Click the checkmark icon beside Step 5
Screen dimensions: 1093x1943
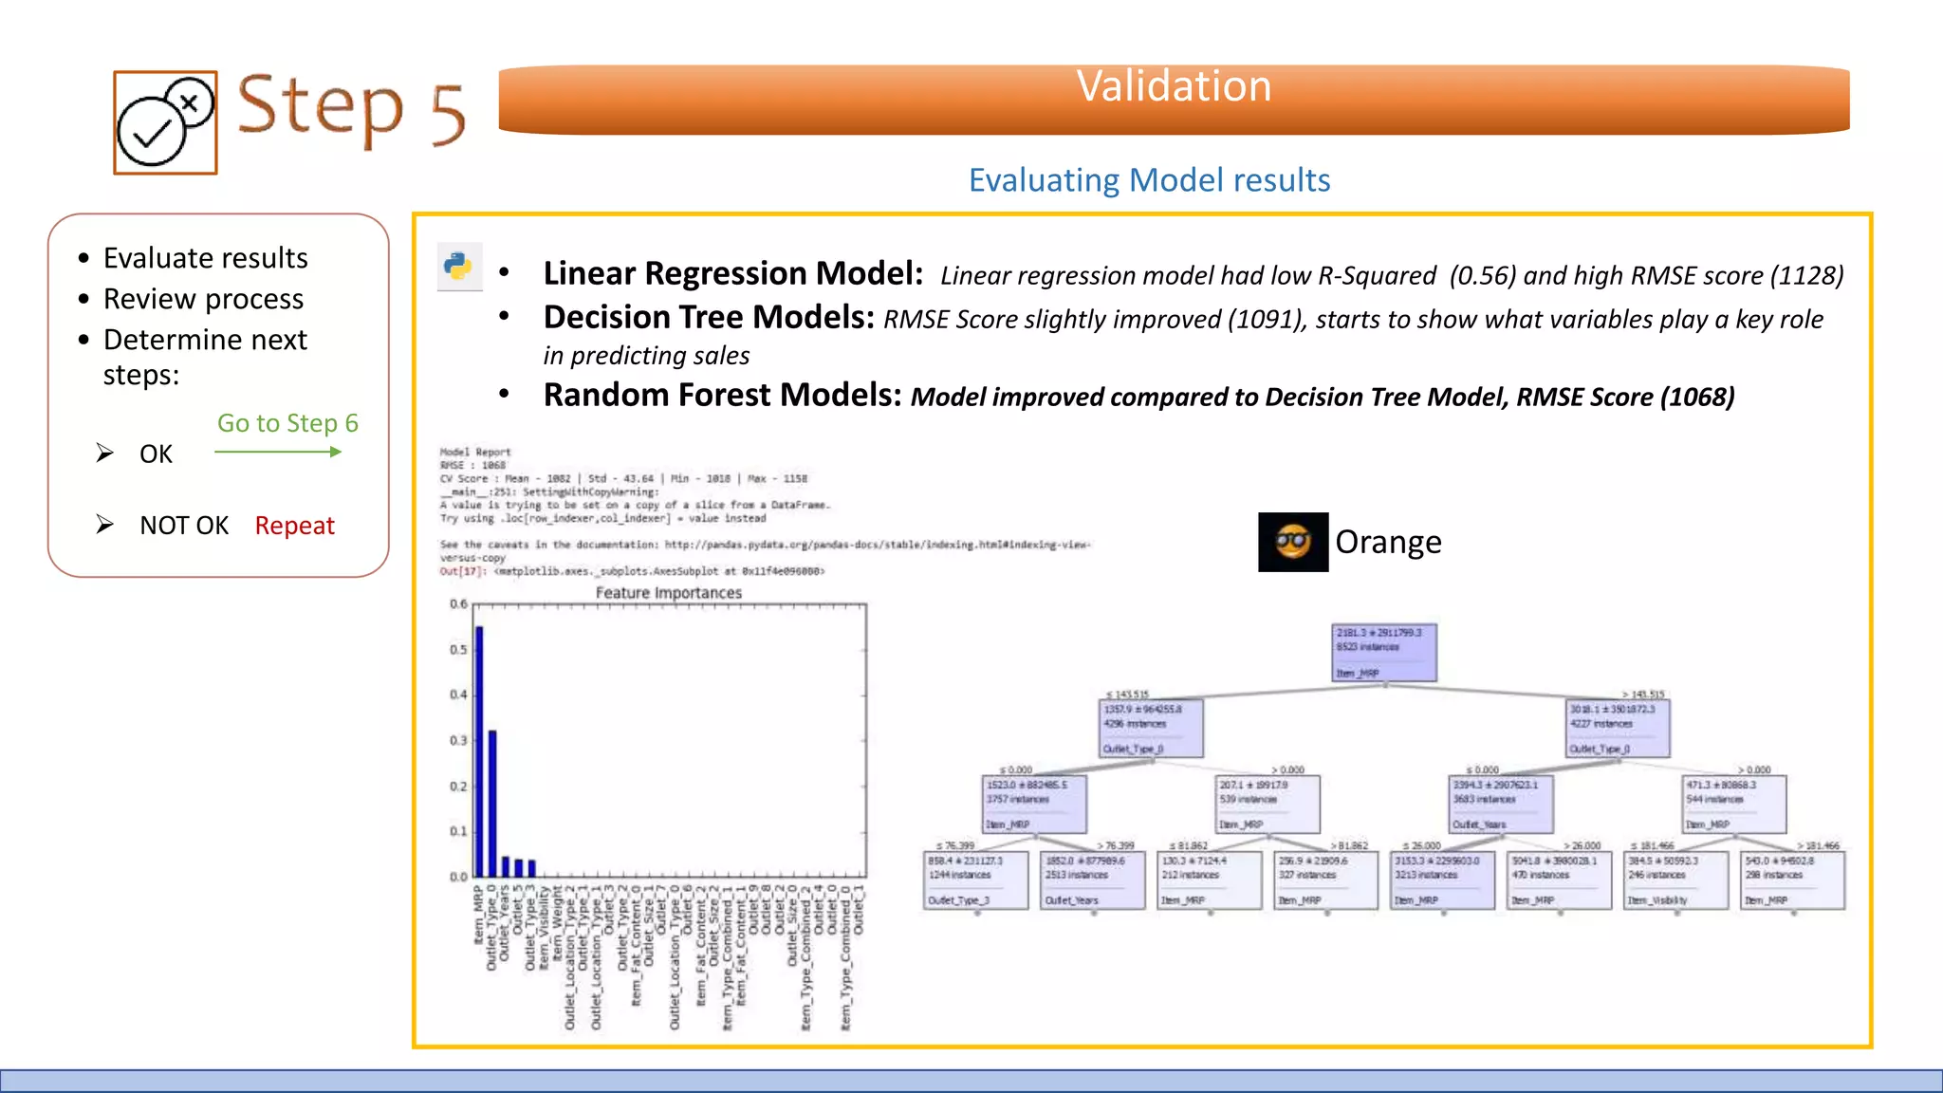coord(165,123)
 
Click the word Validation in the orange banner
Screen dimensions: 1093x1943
coord(1174,87)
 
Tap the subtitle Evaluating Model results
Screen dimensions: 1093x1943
coord(1149,180)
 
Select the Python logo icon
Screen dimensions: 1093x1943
coord(459,267)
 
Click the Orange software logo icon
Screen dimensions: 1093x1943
coord(1292,542)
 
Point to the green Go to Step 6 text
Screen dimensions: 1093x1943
coord(287,423)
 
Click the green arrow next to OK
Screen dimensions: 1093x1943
coord(278,453)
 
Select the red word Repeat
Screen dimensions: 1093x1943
coord(294,526)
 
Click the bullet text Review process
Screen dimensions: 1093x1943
coord(203,299)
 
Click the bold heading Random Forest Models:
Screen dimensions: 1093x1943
coord(722,395)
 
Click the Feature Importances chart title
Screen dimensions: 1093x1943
coord(668,593)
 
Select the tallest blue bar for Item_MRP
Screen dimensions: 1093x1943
coord(479,750)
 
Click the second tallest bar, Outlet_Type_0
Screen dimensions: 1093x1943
coord(492,803)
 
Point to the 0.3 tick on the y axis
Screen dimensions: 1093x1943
coord(458,740)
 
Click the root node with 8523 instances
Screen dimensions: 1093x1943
coord(1384,652)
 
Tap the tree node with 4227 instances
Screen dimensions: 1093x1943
coord(1617,728)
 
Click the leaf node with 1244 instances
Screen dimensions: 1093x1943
coord(976,880)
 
